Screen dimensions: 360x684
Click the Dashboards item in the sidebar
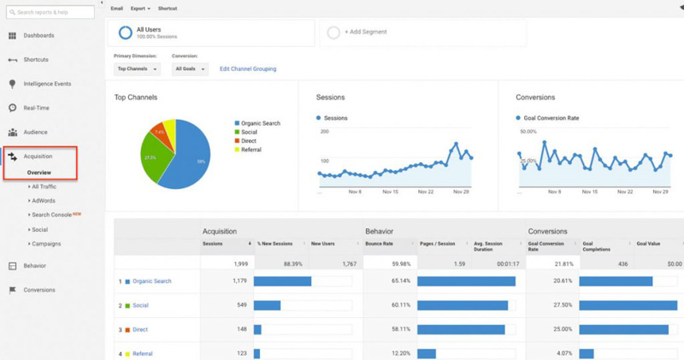click(38, 35)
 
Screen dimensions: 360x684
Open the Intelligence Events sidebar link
click(47, 84)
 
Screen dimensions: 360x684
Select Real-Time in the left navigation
click(35, 108)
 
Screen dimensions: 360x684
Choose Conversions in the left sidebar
click(39, 290)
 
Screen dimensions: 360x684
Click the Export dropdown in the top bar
click(140, 8)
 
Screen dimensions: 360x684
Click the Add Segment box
click(423, 32)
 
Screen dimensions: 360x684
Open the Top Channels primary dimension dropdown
click(137, 68)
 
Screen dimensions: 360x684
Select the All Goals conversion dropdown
click(190, 68)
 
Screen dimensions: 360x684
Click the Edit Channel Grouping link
click(248, 68)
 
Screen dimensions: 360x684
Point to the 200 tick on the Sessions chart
click(324, 132)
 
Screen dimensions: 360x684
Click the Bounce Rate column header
click(380, 244)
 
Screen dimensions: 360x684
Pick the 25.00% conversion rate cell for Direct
click(560, 329)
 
